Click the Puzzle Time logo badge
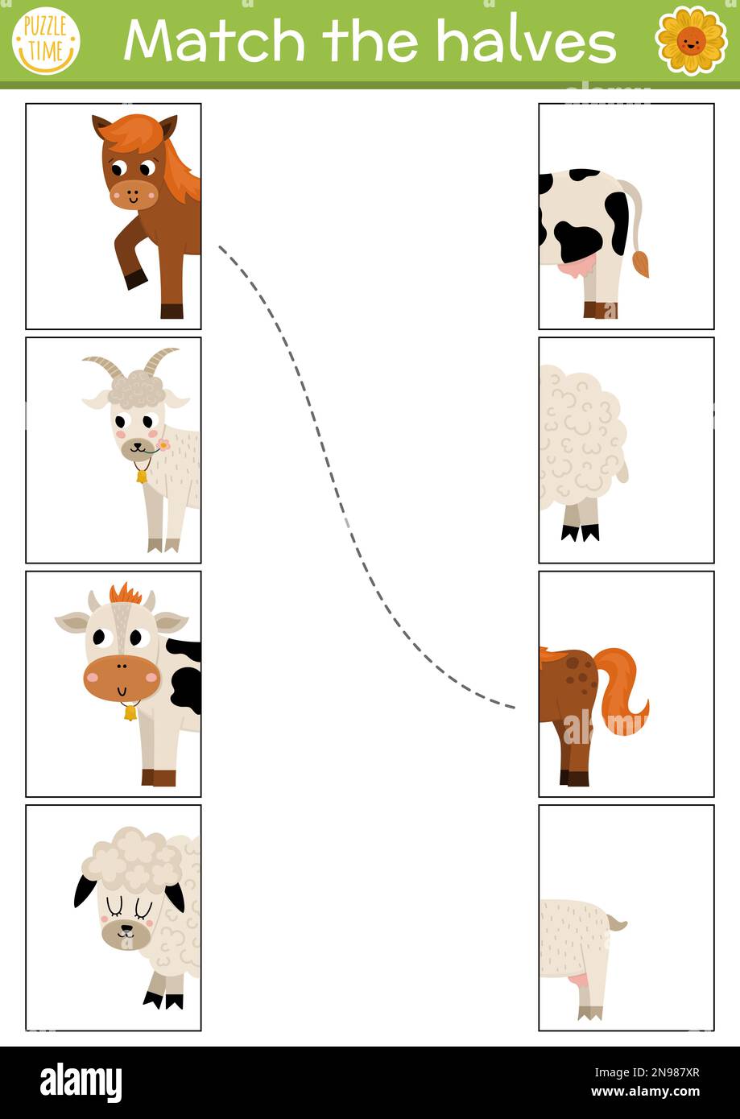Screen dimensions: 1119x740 (x=46, y=40)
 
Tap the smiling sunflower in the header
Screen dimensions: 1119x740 (x=691, y=39)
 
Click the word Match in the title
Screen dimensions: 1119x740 (x=213, y=40)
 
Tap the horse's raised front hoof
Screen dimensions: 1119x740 (x=136, y=279)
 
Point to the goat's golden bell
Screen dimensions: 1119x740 (x=142, y=476)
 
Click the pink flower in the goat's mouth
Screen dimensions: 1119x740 (x=163, y=444)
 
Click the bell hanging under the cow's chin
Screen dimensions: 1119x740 (x=129, y=712)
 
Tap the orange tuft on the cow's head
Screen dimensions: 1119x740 (x=125, y=595)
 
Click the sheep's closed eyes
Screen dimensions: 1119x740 (x=128, y=908)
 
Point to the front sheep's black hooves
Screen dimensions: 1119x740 (x=163, y=1001)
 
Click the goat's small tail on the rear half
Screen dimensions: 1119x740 (x=618, y=923)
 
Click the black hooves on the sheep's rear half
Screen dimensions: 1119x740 (x=581, y=532)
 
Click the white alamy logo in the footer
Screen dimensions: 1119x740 (x=81, y=1084)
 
